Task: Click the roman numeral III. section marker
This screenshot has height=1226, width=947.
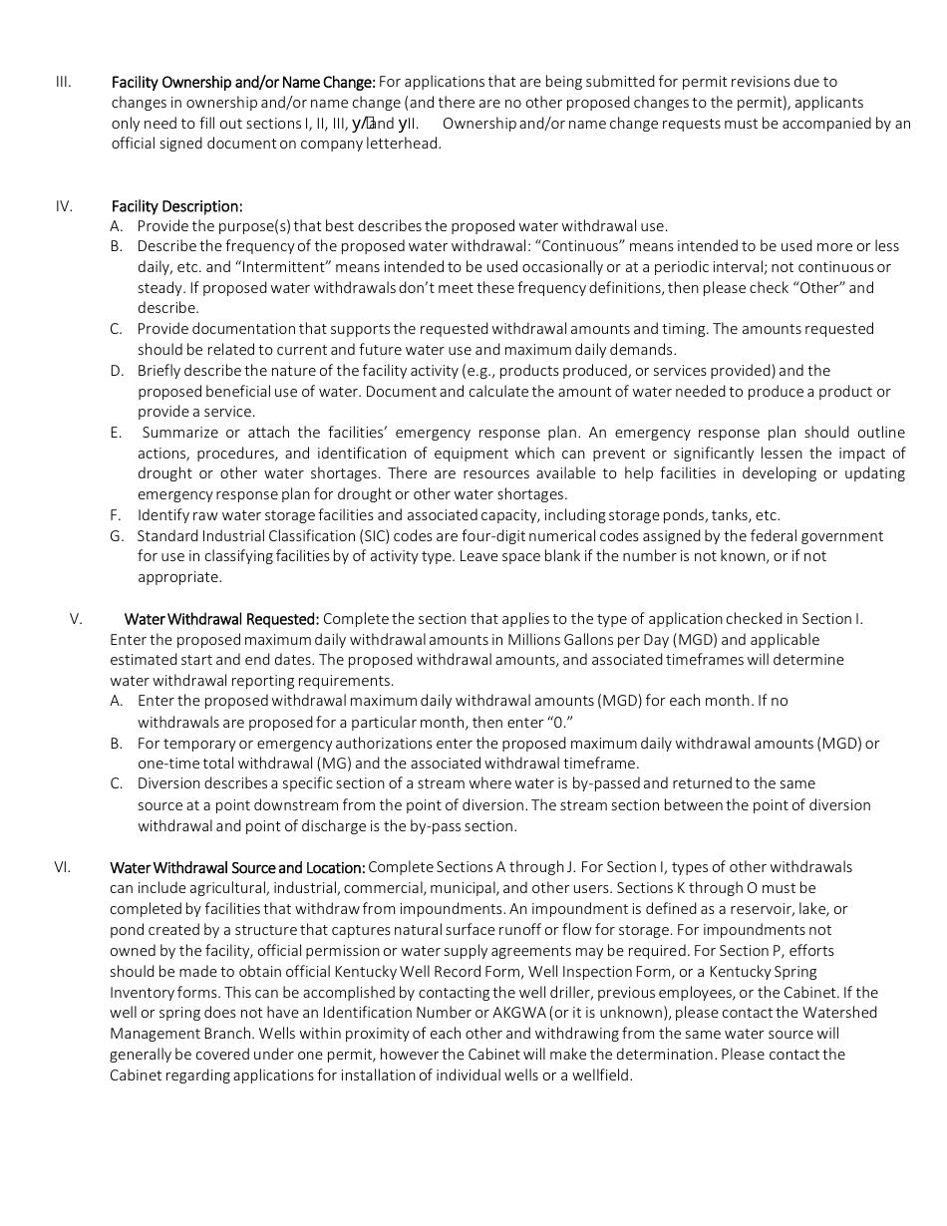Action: pyautogui.click(x=63, y=82)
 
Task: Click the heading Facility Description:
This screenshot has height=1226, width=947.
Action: pyautogui.click(x=176, y=206)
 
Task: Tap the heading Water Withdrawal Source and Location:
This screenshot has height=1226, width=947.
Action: pyautogui.click(x=237, y=867)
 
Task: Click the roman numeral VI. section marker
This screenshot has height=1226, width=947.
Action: pyautogui.click(x=62, y=867)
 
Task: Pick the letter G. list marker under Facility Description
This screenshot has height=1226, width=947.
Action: pyautogui.click(x=117, y=536)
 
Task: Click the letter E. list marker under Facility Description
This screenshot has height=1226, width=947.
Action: pyautogui.click(x=116, y=433)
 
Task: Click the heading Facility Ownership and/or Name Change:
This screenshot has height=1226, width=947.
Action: pyautogui.click(x=243, y=82)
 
